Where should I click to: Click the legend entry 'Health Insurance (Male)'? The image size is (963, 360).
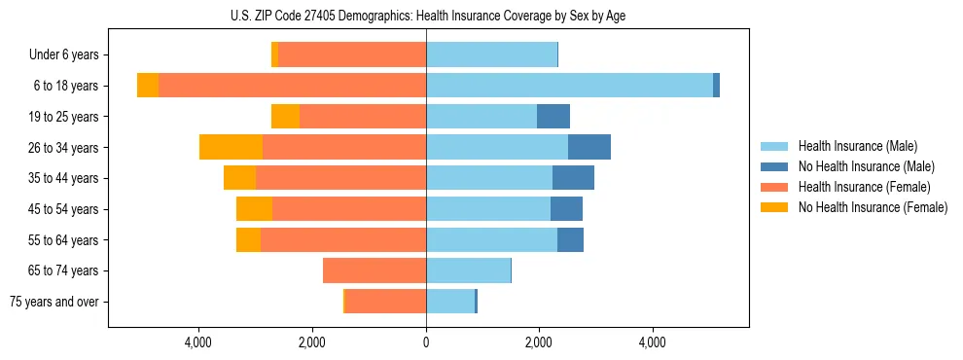pyautogui.click(x=857, y=146)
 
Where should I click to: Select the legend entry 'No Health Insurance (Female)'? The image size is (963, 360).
pyautogui.click(x=873, y=207)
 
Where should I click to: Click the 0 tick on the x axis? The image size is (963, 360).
pyautogui.click(x=426, y=342)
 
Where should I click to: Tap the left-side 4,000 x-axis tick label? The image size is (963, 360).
pyautogui.click(x=198, y=342)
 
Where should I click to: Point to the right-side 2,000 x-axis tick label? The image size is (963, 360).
pyautogui.click(x=539, y=342)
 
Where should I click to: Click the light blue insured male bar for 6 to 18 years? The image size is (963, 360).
pyautogui.click(x=569, y=86)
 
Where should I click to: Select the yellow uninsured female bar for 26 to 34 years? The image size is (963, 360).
pyautogui.click(x=231, y=147)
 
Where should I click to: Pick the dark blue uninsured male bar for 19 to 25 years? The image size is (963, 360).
pyautogui.click(x=553, y=117)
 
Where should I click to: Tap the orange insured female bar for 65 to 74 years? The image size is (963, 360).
pyautogui.click(x=374, y=270)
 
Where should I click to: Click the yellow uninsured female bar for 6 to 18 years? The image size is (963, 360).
pyautogui.click(x=148, y=86)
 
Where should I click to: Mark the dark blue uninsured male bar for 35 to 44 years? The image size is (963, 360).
pyautogui.click(x=573, y=178)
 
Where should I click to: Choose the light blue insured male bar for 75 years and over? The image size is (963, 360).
pyautogui.click(x=449, y=302)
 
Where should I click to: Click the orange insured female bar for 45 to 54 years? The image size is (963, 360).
pyautogui.click(x=349, y=209)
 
